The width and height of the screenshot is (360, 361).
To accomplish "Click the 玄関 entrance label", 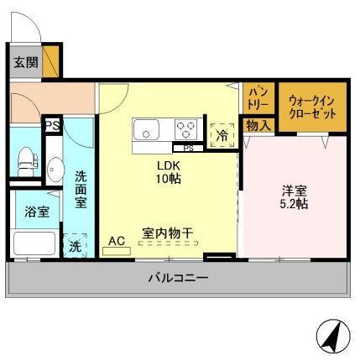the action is [26, 62].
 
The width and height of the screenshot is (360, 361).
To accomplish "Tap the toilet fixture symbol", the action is [27, 162].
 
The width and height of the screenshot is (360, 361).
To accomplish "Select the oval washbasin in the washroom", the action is [55, 170].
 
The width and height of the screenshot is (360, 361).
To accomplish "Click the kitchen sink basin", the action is [146, 130].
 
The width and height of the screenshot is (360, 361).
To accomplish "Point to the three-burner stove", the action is [186, 129].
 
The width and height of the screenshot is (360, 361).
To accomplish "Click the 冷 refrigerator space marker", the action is [222, 135].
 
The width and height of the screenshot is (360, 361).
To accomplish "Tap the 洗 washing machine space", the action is [75, 245].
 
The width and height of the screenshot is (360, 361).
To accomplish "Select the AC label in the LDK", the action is [117, 241].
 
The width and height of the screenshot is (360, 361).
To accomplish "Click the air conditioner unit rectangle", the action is [117, 251].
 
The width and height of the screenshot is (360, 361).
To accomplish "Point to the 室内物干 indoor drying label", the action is [167, 233].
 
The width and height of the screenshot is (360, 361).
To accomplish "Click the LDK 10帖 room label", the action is [169, 172].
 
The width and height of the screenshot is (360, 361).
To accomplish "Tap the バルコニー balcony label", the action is [179, 278].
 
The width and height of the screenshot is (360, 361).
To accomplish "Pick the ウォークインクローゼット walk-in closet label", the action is [312, 107].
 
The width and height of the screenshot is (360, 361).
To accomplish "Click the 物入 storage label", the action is [258, 125].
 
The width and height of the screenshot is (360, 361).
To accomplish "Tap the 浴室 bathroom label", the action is [37, 212].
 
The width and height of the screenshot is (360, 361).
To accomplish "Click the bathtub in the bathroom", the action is [34, 243].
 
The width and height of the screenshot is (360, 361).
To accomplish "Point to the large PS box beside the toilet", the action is [53, 125].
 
